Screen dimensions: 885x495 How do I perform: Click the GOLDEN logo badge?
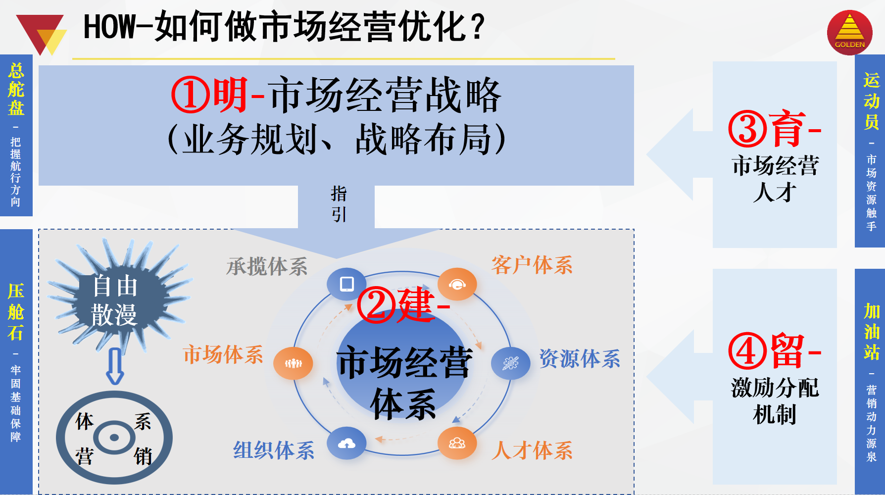pos(849,32)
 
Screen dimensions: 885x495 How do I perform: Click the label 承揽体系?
pos(267,267)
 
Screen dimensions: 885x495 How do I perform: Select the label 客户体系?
pos(532,265)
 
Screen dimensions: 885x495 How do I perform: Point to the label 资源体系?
pos(580,359)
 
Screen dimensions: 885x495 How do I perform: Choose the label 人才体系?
pos(532,451)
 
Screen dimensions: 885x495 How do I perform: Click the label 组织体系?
pos(274,450)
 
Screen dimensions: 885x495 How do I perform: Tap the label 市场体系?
pos(223,355)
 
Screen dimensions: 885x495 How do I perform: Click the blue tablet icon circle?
pos(346,284)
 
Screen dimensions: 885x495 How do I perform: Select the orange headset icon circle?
pos(457,284)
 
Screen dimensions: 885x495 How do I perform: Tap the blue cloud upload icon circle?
pos(346,444)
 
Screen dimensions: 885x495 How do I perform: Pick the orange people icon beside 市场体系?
pos(293,363)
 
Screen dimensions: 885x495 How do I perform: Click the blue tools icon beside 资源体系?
pos(511,363)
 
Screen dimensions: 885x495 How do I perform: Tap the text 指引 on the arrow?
pos(339,204)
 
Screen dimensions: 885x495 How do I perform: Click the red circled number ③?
pos(747,129)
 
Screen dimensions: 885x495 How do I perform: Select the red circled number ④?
pos(747,351)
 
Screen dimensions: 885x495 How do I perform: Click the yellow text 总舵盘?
pos(16,89)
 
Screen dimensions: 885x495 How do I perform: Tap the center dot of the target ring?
pos(114,437)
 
